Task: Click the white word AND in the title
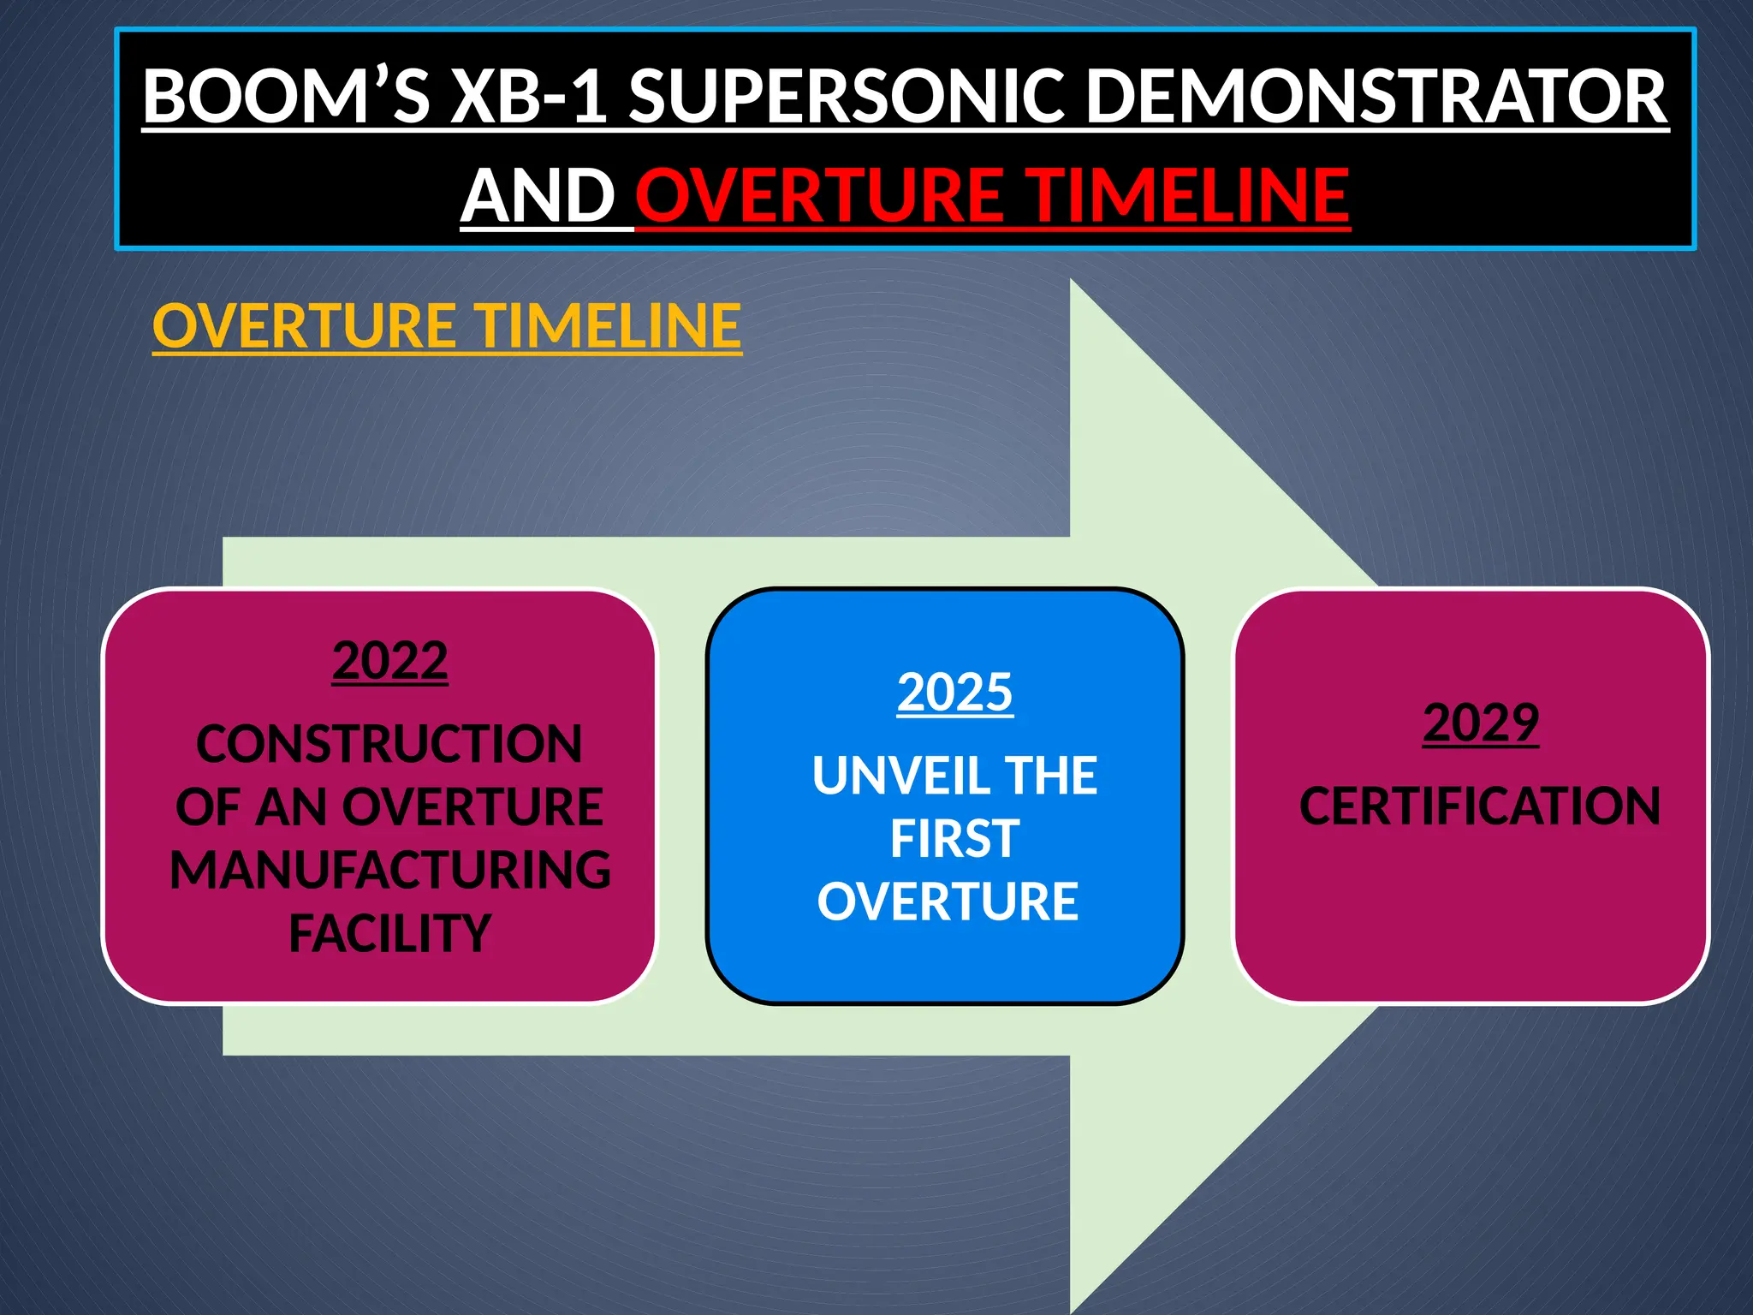[x=538, y=196]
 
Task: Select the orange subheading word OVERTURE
[x=305, y=326]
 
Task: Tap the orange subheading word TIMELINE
[x=609, y=326]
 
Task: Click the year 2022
[x=389, y=660]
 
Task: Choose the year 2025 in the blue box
[x=954, y=692]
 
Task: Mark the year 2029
[x=1480, y=723]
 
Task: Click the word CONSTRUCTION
[x=389, y=743]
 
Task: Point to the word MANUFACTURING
[x=389, y=870]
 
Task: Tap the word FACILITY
[x=389, y=933]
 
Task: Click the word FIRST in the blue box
[x=954, y=838]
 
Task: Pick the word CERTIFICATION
[x=1480, y=806]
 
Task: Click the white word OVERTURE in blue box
[x=948, y=901]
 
